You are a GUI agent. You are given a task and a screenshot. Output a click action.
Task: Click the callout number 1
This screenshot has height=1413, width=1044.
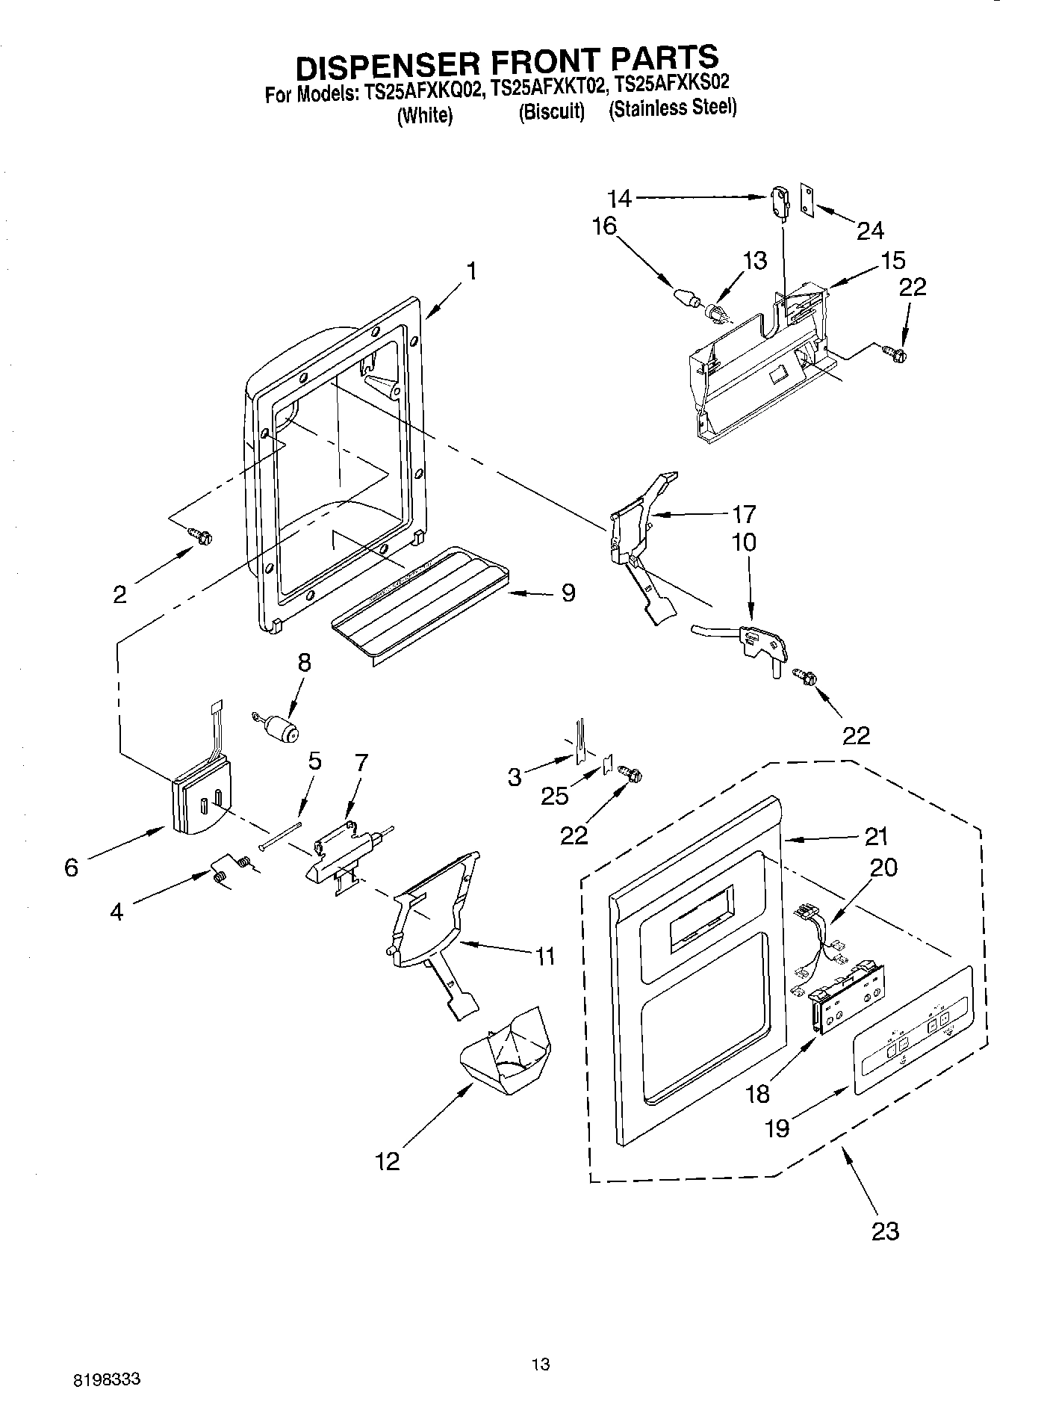pyautogui.click(x=471, y=270)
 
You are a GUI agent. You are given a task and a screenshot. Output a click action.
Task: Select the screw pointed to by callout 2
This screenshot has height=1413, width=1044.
pyautogui.click(x=201, y=535)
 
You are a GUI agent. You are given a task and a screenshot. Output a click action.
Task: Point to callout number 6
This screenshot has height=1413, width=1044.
pyautogui.click(x=71, y=868)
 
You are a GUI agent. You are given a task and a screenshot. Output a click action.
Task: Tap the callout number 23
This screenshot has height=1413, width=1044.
pyautogui.click(x=885, y=1230)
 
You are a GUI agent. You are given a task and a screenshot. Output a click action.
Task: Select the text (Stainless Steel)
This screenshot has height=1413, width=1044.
pyautogui.click(x=672, y=109)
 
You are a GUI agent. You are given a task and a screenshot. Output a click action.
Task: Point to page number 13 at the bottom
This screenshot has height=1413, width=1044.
pyautogui.click(x=541, y=1364)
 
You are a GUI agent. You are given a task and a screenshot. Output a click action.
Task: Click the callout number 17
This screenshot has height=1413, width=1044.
pyautogui.click(x=744, y=514)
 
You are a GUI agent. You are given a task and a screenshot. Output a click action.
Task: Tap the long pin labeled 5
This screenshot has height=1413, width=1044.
pyautogui.click(x=281, y=835)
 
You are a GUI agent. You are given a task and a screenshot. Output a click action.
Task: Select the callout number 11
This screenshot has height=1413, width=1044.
pyautogui.click(x=545, y=955)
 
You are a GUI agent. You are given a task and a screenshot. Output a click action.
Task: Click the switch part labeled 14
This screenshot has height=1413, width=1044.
pyautogui.click(x=778, y=202)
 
